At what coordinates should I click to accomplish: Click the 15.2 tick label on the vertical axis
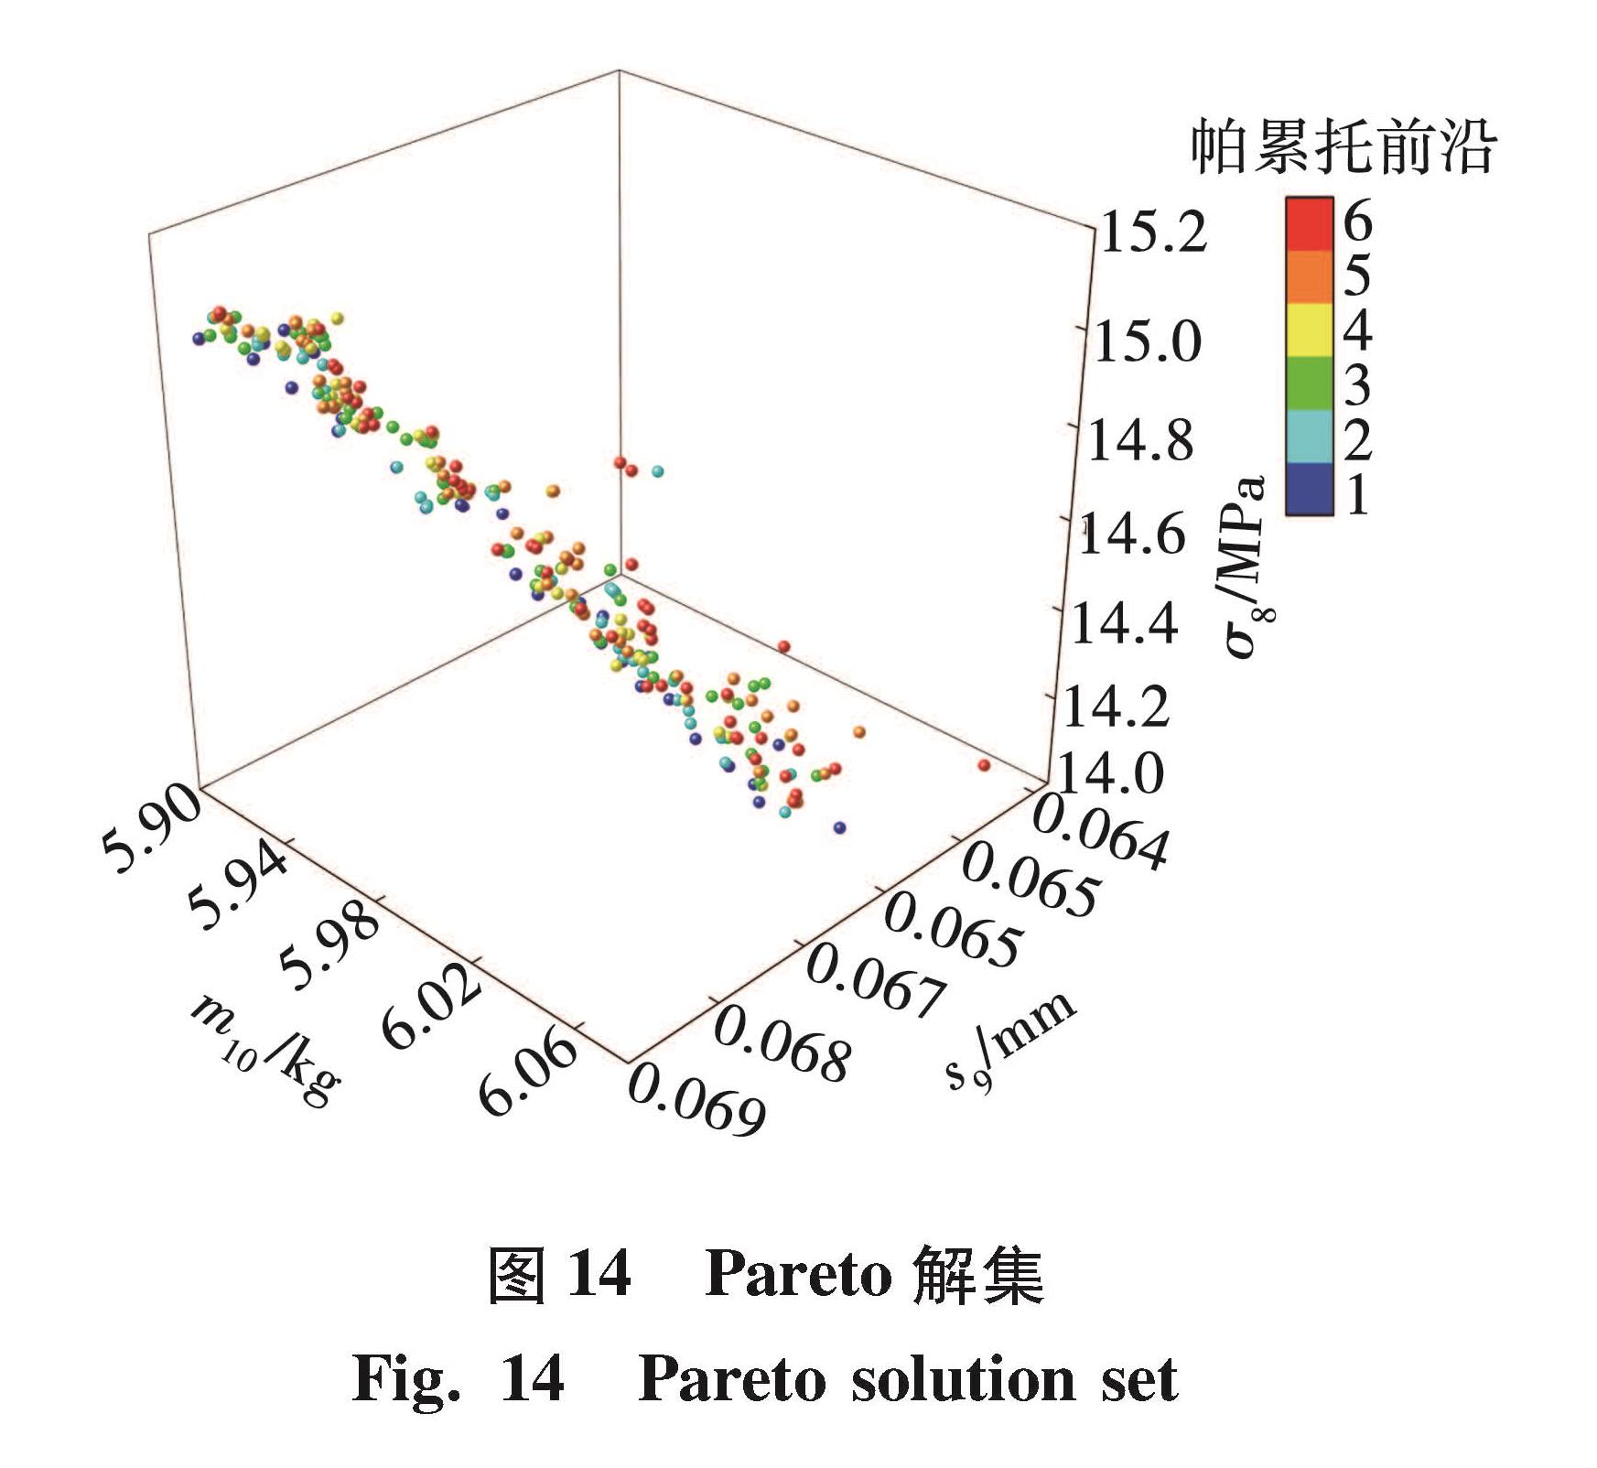pos(1152,231)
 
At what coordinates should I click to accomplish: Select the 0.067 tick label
pos(874,984)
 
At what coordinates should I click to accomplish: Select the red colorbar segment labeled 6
pos(1309,222)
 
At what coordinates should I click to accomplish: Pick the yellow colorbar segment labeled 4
pos(1309,329)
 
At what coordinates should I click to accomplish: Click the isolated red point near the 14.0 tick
pos(984,764)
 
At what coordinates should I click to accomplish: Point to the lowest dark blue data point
pos(840,827)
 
